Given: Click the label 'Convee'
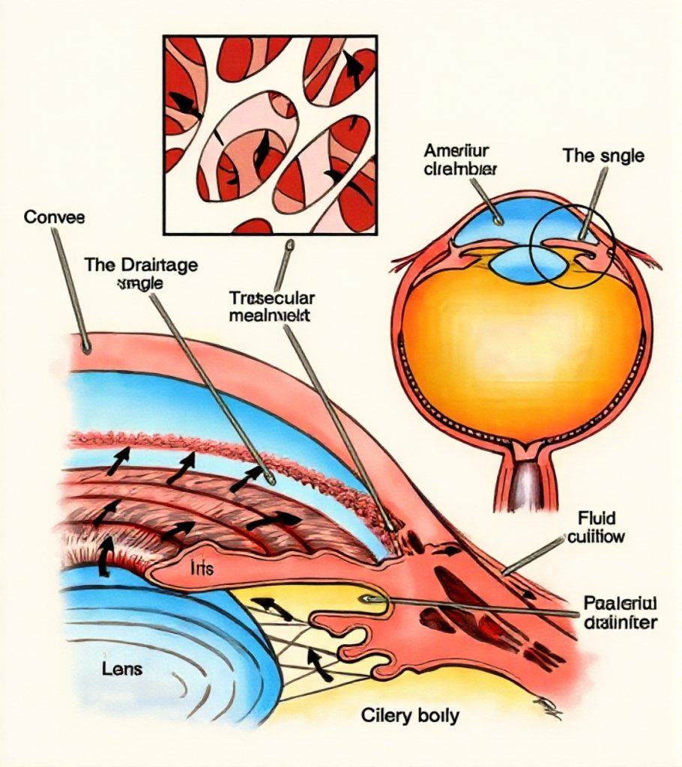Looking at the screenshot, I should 55,218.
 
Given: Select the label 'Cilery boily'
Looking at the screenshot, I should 410,715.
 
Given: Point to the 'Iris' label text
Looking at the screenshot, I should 203,569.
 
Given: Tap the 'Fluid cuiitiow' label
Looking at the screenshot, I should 597,527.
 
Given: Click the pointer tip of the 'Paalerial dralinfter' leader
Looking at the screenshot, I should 365,599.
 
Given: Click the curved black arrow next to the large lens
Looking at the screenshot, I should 105,554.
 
